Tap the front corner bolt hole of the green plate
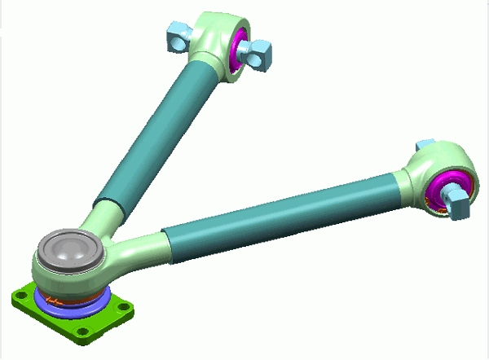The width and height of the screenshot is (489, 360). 81,333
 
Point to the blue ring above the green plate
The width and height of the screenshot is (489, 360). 61,305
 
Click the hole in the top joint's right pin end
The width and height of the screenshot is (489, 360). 266,57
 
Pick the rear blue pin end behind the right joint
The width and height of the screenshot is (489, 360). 425,144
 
